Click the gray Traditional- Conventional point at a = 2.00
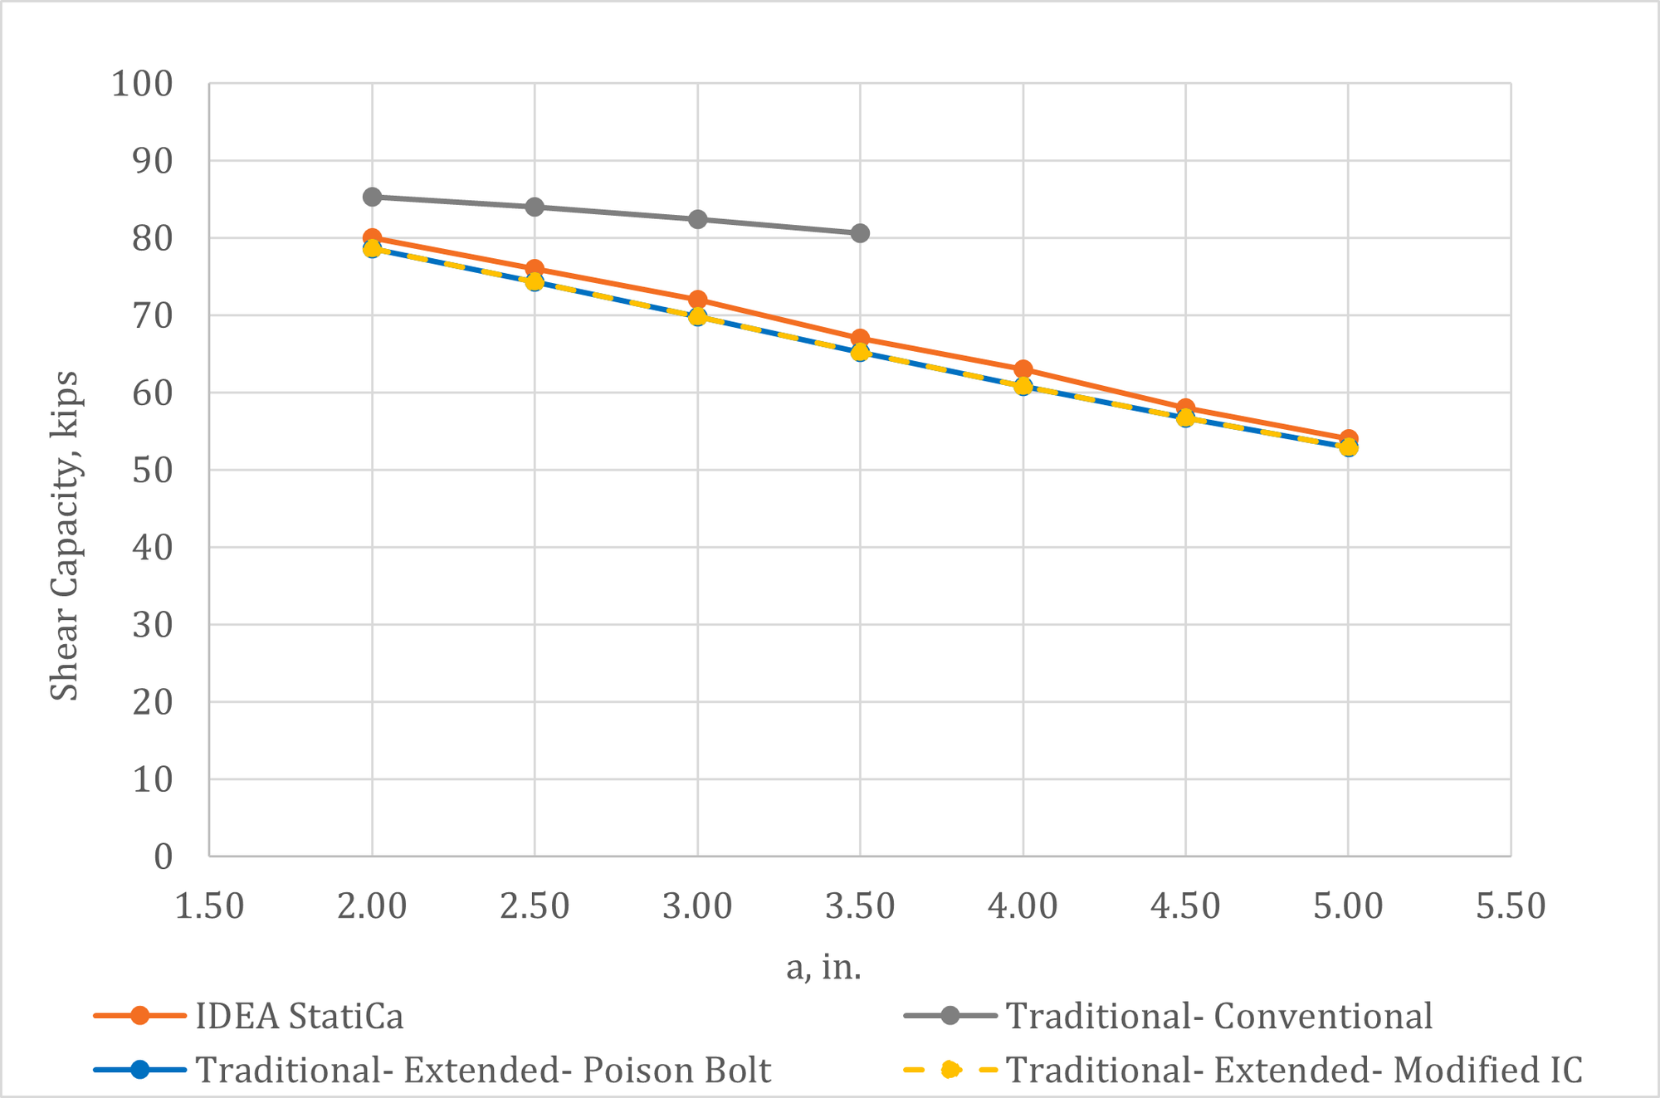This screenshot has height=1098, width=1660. pyautogui.click(x=372, y=197)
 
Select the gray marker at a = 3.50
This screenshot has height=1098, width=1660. pyautogui.click(x=860, y=233)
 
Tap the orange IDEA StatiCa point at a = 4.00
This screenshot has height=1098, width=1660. pyautogui.click(x=1023, y=368)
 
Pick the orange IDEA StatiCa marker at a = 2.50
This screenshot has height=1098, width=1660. pyautogui.click(x=535, y=268)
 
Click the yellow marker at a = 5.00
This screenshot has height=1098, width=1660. pyautogui.click(x=1348, y=448)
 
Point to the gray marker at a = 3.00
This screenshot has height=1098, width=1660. pyautogui.click(x=697, y=219)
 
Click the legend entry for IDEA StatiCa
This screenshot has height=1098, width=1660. pyautogui.click(x=299, y=1016)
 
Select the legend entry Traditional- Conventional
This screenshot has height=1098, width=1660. pyautogui.click(x=1218, y=1016)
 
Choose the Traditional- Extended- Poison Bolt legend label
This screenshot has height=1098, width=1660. pyautogui.click(x=483, y=1070)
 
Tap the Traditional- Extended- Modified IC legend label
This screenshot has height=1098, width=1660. pyautogui.click(x=1293, y=1070)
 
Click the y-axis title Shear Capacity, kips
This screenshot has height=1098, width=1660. pyautogui.click(x=65, y=535)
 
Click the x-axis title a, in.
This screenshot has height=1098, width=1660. pyautogui.click(x=823, y=967)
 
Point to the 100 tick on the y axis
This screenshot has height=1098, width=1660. pyautogui.click(x=143, y=84)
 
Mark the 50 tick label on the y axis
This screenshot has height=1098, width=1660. pyautogui.click(x=153, y=471)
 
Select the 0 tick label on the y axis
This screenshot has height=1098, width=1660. pyautogui.click(x=163, y=856)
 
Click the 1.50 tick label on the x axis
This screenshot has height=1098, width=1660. pyautogui.click(x=209, y=905)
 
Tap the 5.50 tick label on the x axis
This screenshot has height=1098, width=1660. pyautogui.click(x=1511, y=905)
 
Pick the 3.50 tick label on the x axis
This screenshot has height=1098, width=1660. pyautogui.click(x=860, y=905)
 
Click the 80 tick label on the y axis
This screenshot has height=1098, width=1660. pyautogui.click(x=153, y=239)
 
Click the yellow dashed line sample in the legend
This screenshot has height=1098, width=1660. pyautogui.click(x=950, y=1070)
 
